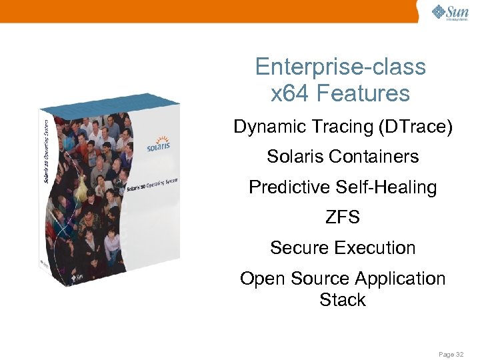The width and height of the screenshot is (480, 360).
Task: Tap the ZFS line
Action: pyautogui.click(x=343, y=217)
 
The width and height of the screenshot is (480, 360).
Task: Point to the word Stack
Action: pyautogui.click(x=343, y=300)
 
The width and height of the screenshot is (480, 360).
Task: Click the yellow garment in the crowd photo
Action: pyautogui.click(x=81, y=193)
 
